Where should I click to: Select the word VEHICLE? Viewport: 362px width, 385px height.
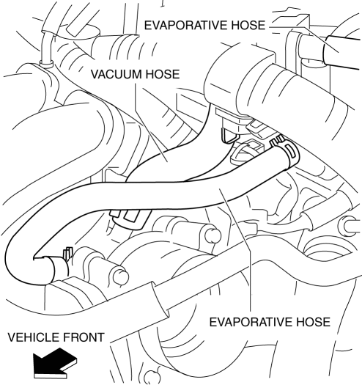coord(32,337)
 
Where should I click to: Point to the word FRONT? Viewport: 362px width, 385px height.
coord(82,337)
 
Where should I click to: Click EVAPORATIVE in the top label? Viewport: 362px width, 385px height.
coord(187,25)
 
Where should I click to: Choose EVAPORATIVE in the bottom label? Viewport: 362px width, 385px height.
coord(251,322)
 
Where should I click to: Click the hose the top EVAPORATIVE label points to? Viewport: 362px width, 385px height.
coord(344,53)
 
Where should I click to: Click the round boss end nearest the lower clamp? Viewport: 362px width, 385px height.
coord(121,277)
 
